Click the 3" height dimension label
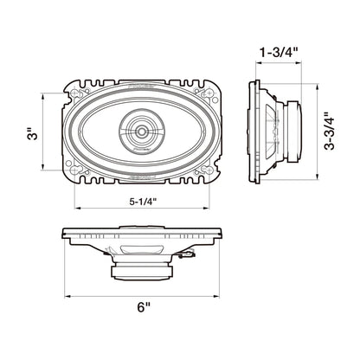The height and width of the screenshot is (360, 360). click(35, 132)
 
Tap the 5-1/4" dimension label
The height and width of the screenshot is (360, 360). click(143, 202)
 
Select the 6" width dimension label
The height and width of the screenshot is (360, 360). click(144, 307)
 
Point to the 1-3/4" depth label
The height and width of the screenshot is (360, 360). click(279, 53)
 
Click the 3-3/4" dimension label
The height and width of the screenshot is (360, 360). click(329, 131)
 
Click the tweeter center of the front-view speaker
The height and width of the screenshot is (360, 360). click(142, 132)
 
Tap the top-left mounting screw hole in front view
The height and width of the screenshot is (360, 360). click(74, 93)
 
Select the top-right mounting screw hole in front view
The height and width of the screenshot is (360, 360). click(209, 93)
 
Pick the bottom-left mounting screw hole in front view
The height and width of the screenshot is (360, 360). click(74, 170)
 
